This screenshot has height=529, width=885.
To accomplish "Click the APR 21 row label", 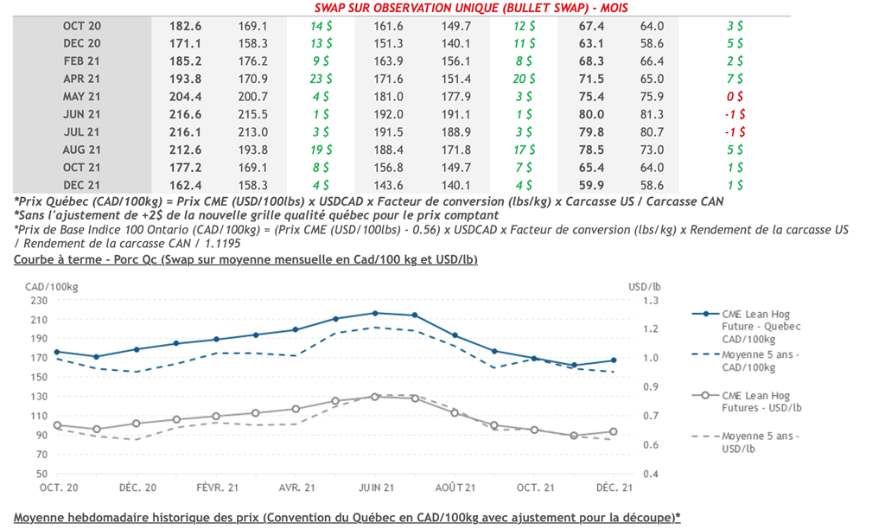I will coord(82,78).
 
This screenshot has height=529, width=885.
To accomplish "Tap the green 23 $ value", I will coord(322,78).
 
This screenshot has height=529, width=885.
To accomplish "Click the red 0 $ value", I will coord(735,96).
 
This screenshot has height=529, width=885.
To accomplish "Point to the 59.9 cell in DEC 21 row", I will coord(591,184).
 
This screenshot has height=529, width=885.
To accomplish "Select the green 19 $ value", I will coord(322,149).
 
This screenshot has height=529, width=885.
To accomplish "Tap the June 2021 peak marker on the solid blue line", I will coord(375,313).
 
